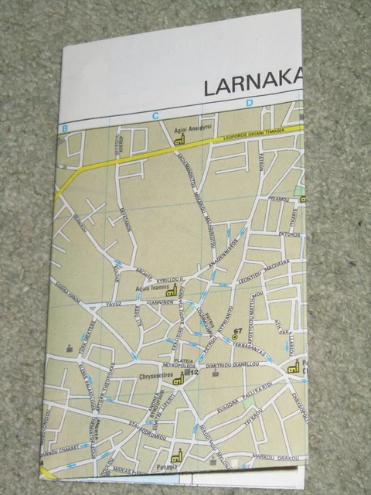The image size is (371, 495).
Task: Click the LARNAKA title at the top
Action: [252, 84]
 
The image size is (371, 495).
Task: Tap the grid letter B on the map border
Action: [66, 127]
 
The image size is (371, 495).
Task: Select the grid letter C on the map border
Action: [155, 117]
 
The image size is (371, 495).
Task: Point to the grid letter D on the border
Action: [250, 104]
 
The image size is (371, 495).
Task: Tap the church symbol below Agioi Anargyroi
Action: [180, 141]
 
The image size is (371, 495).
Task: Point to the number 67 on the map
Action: [237, 331]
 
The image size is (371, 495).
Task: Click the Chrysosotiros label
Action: [155, 378]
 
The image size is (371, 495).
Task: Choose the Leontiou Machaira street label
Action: [263, 272]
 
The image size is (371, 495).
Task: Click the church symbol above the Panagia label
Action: [177, 456]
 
